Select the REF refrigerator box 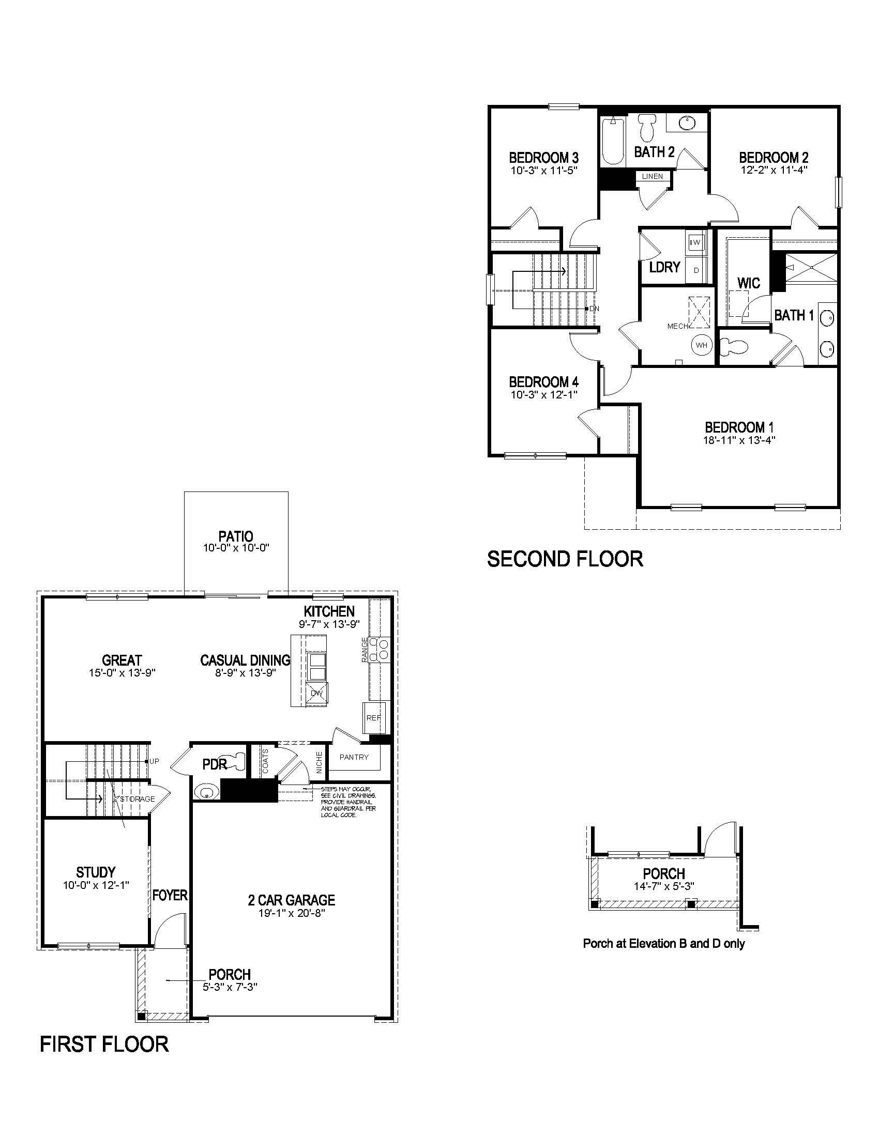[373, 717]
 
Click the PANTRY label [354, 757]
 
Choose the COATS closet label [265, 761]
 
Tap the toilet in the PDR [238, 761]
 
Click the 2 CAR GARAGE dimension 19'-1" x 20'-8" [292, 913]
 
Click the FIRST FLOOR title [104, 1044]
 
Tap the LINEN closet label [653, 176]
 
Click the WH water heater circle [702, 345]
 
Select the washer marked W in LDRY [695, 242]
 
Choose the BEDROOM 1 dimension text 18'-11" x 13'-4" [735, 440]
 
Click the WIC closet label [748, 283]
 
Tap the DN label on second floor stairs [594, 309]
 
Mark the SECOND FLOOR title [565, 559]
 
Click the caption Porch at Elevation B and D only [663, 943]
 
